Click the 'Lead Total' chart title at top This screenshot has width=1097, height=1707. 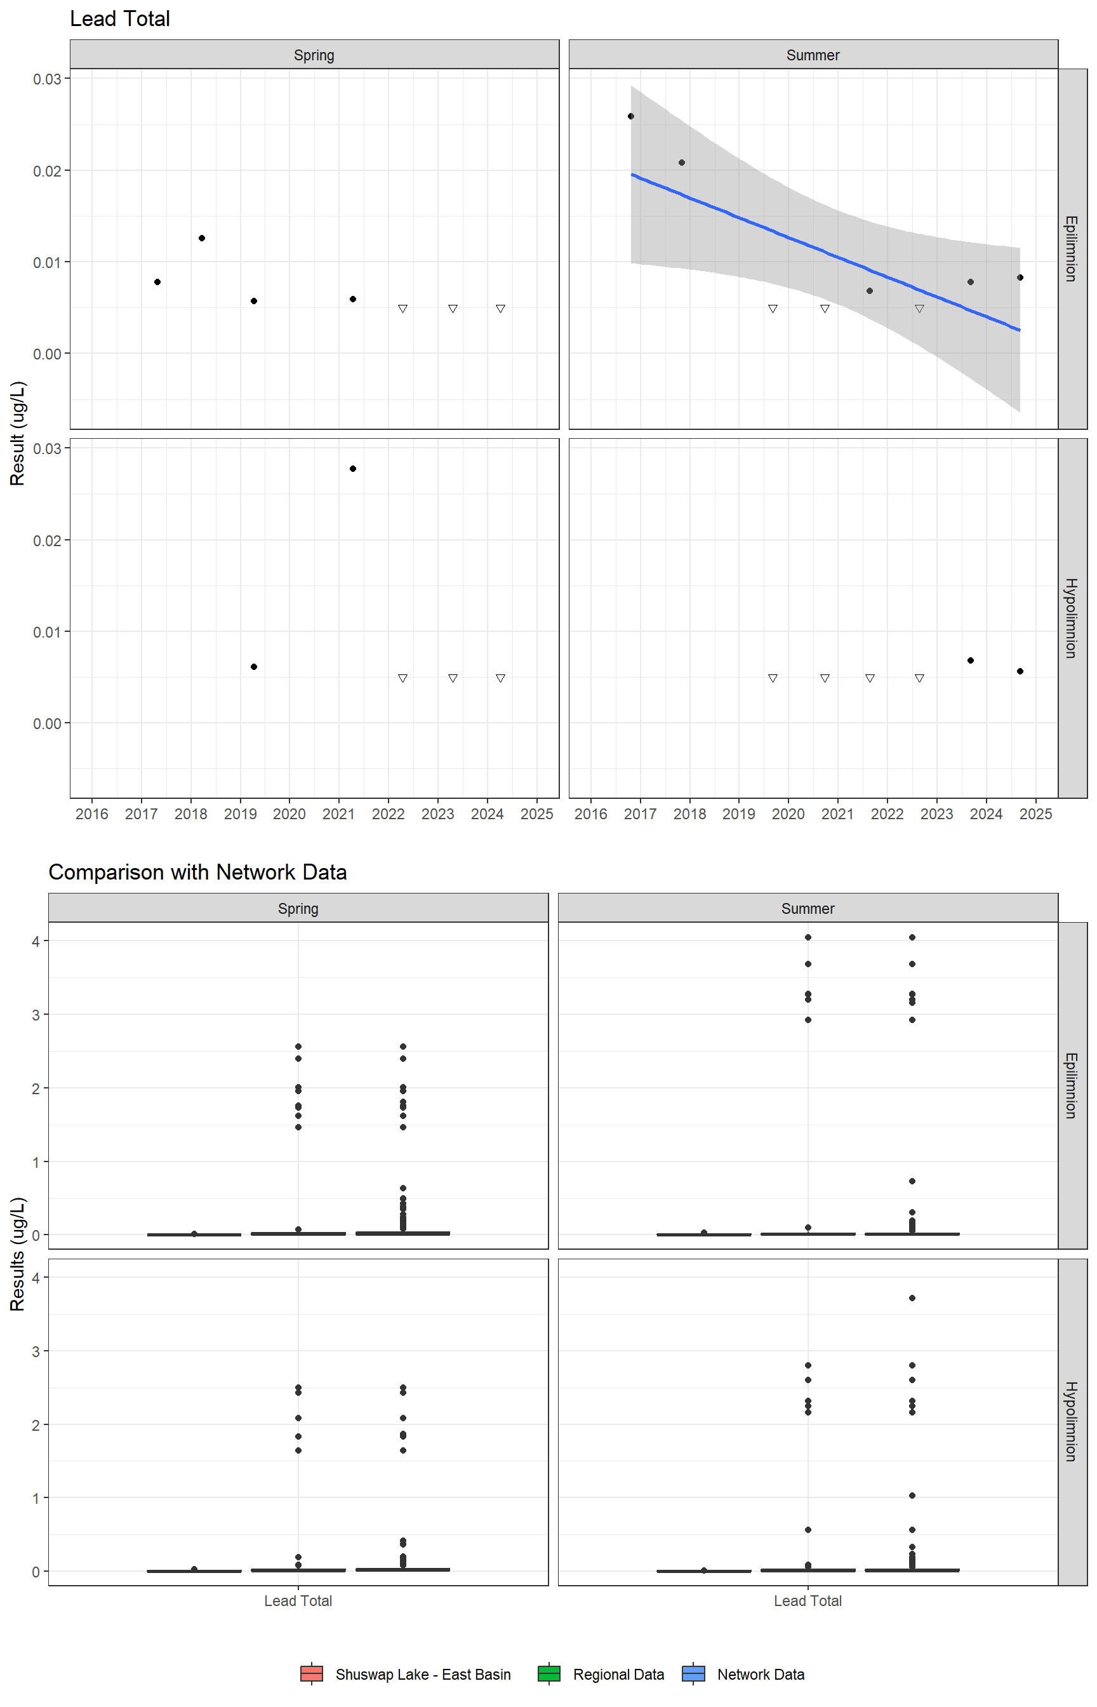[x=120, y=19]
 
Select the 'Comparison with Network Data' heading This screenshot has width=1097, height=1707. [x=197, y=872]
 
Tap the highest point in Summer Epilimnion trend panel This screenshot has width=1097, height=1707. [x=630, y=116]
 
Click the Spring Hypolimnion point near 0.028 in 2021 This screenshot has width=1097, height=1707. [x=352, y=469]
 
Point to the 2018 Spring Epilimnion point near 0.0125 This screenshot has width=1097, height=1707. [x=202, y=238]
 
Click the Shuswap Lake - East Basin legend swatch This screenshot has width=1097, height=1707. [x=312, y=1673]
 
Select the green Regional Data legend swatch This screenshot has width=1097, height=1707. [x=549, y=1673]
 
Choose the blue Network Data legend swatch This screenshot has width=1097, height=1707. [x=693, y=1673]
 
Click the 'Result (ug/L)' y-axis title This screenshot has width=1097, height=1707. [x=18, y=433]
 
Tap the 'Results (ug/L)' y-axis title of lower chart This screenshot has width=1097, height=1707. [x=18, y=1253]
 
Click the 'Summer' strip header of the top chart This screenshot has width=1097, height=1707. [x=813, y=55]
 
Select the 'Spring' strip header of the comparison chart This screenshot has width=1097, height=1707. [x=298, y=908]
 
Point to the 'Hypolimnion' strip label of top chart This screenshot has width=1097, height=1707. [x=1070, y=618]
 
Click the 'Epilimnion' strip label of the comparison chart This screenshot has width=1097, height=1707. [x=1070, y=1085]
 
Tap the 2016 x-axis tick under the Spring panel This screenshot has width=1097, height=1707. [x=92, y=814]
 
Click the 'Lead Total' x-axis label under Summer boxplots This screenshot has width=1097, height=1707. [x=808, y=1601]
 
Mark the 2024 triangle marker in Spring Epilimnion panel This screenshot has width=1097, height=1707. [x=501, y=309]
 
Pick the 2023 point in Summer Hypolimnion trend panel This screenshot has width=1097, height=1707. [x=970, y=660]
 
